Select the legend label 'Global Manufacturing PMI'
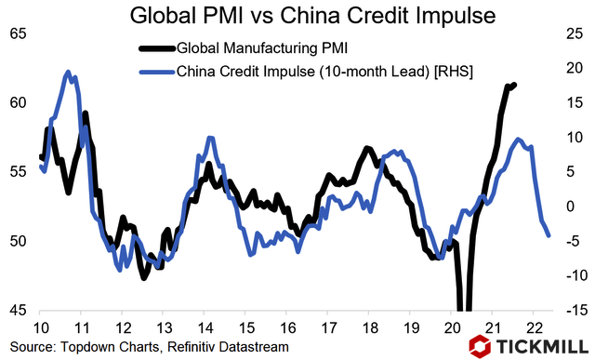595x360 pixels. pos(256,48)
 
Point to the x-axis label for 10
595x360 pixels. pos(41,327)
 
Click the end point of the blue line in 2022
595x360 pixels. pos(549,235)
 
